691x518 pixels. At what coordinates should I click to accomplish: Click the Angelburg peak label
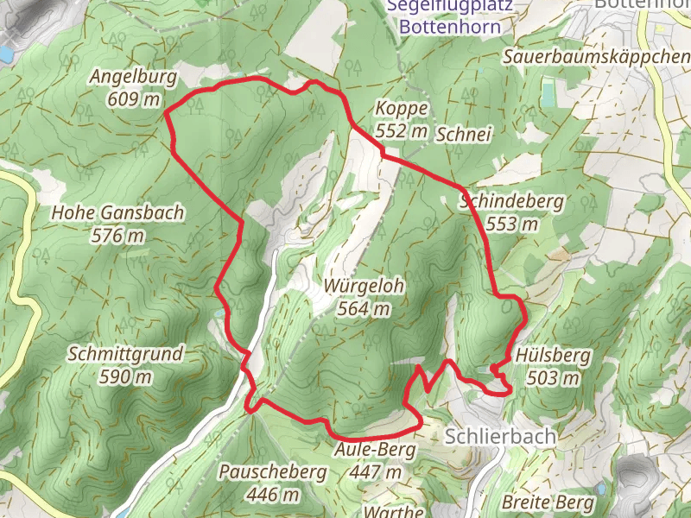[133, 77]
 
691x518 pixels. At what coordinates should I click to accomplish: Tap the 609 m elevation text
[133, 98]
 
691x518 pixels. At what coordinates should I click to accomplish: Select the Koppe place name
[402, 109]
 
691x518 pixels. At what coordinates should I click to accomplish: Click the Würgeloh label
[365, 287]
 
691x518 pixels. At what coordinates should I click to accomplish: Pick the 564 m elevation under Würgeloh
[365, 308]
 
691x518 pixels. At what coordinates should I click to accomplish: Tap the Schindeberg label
[511, 202]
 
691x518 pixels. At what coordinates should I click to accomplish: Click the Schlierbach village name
[500, 436]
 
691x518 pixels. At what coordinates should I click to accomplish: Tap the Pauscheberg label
[272, 472]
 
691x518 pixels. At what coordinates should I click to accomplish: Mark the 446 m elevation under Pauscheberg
[272, 495]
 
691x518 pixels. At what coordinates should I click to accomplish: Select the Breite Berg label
[548, 502]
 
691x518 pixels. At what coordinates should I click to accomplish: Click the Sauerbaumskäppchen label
[596, 57]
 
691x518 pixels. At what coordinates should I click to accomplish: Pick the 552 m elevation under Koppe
[402, 131]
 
